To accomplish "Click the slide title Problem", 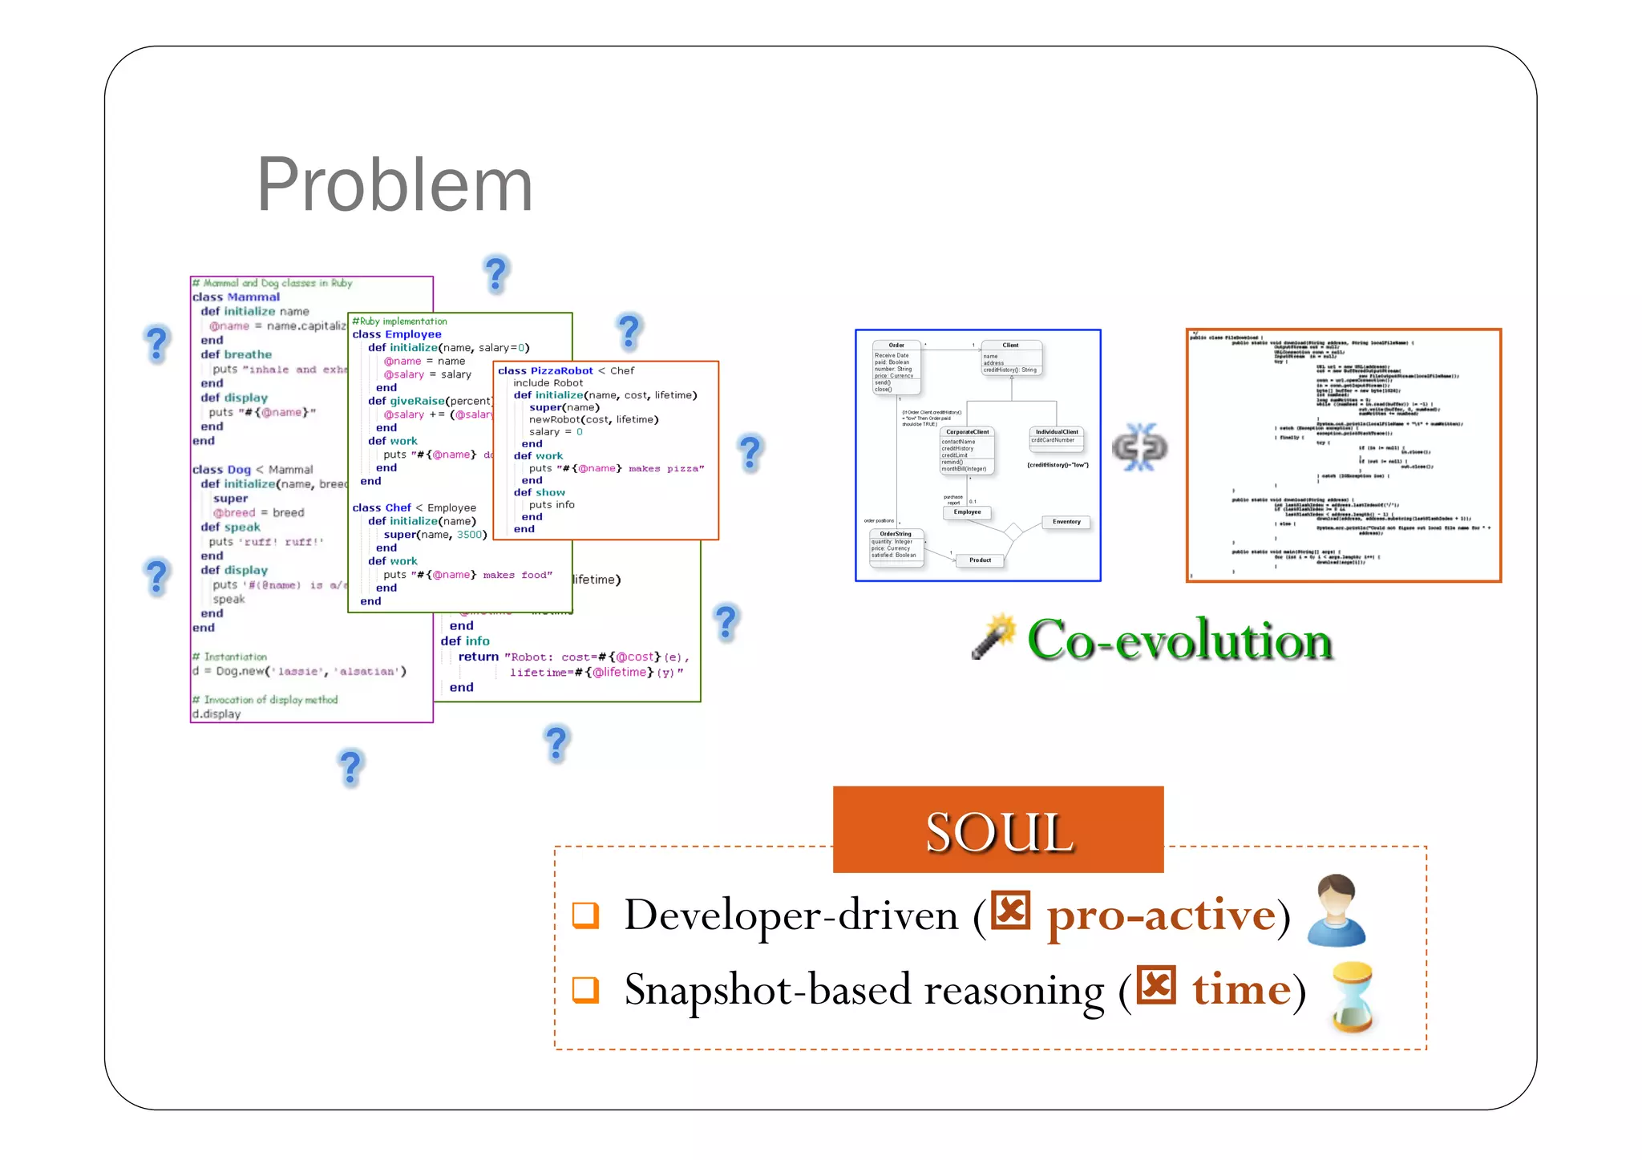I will coord(394,185).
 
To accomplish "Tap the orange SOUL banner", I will coord(998,830).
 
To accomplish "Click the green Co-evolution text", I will coord(1179,641).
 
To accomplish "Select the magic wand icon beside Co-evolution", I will coord(993,637).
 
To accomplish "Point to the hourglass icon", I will coord(1353,996).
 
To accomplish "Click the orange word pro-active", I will coord(1160,914).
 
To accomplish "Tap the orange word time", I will coord(1241,988).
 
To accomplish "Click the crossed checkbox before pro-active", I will coord(1010,910).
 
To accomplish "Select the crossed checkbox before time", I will coord(1156,984).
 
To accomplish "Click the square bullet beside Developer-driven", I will coord(585,915).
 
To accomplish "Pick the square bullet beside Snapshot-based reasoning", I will coord(585,989).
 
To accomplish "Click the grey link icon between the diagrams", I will coord(1139,447).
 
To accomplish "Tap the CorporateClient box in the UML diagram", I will coord(968,451).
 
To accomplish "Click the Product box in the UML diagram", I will coord(980,560).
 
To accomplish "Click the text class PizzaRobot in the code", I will coord(545,371).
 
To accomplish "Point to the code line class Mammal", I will coord(236,297).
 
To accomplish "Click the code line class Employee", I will coord(397,334).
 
